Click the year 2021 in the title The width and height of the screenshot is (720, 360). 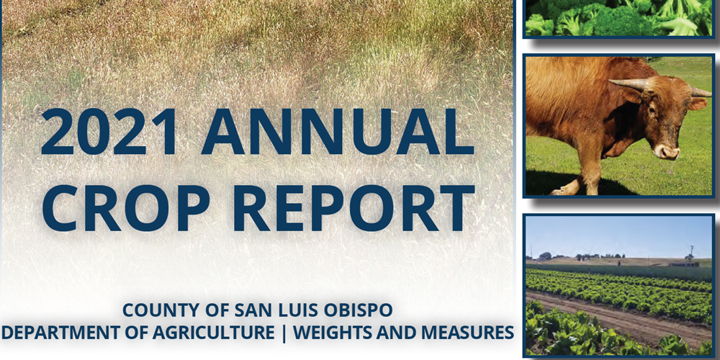pos(109,131)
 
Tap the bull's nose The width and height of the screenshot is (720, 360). pos(666,152)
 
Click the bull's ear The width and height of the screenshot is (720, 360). pos(698,104)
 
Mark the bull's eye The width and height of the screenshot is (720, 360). pos(651,109)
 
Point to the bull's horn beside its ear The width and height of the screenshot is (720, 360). pos(701,91)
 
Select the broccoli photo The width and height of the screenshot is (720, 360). pos(618,18)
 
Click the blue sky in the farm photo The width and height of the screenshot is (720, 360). pos(618,235)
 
